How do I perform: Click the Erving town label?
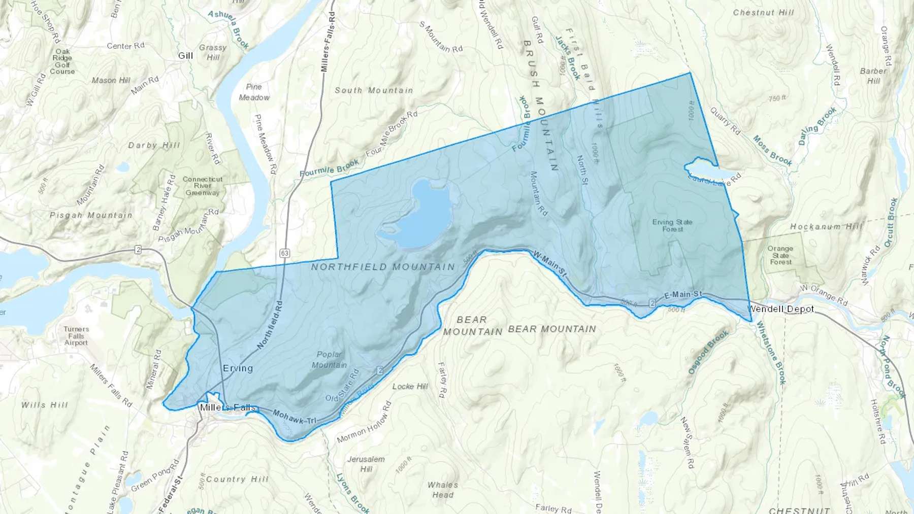[238, 368]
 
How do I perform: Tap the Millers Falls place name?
[227, 407]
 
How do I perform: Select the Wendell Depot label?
[780, 309]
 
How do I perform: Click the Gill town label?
[185, 56]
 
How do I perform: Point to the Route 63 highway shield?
[284, 253]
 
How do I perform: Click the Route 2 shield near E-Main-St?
[652, 303]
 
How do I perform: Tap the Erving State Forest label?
[672, 225]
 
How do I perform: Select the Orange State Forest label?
[780, 255]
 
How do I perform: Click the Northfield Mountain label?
[383, 267]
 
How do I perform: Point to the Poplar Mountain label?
[330, 360]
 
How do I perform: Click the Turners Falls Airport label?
[76, 336]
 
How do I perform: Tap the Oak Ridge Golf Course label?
[62, 61]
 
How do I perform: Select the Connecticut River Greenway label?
[203, 186]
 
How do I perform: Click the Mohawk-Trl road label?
[295, 417]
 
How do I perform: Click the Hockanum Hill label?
[826, 227]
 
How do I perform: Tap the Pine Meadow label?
[254, 92]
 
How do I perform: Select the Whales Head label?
[443, 490]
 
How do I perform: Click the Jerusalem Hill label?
[366, 464]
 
